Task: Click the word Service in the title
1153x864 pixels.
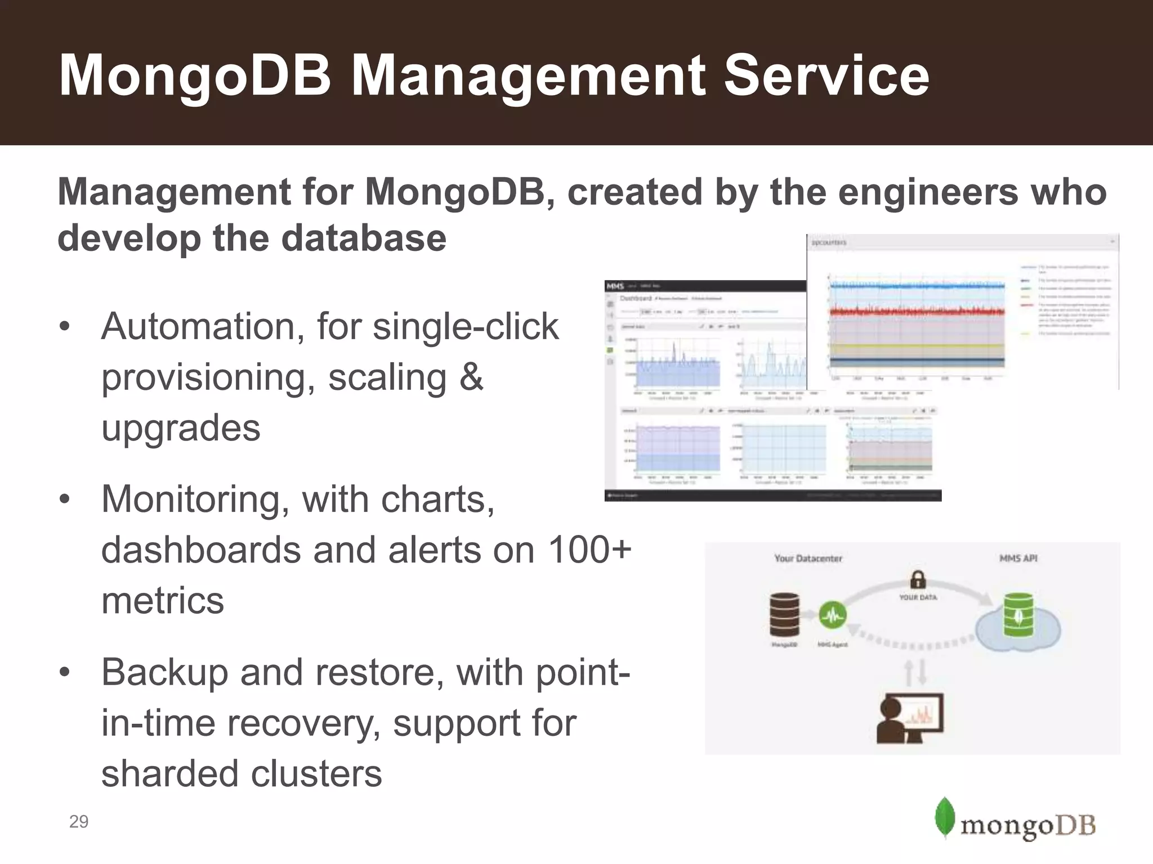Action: tap(826, 75)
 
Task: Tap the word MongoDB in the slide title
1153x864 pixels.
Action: tap(195, 75)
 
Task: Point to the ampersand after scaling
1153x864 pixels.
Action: tap(471, 377)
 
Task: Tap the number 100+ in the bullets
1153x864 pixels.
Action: tap(589, 550)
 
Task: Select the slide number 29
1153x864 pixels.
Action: tap(79, 822)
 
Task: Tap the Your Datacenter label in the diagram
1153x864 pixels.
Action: tap(808, 559)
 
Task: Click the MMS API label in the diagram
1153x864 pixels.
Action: tap(1018, 559)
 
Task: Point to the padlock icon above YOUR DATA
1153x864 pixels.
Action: tap(918, 579)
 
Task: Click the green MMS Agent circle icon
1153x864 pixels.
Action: tap(832, 616)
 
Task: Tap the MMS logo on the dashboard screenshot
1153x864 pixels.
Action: tap(615, 286)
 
